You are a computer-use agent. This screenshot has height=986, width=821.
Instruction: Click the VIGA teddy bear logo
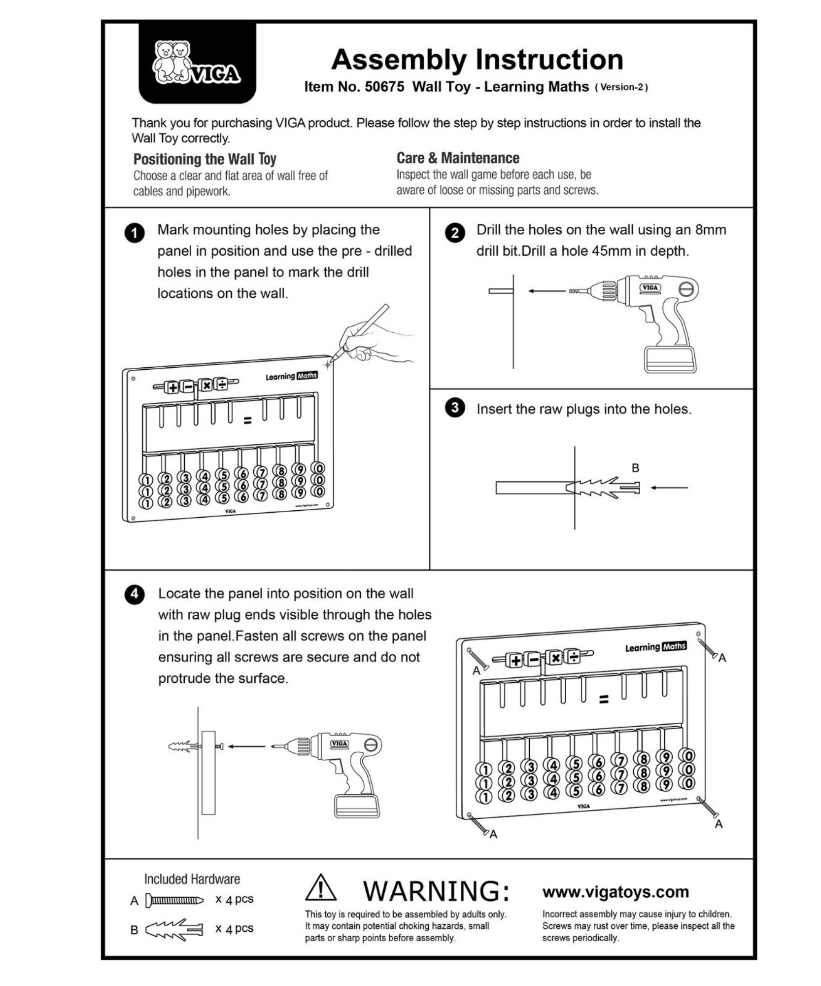click(x=197, y=63)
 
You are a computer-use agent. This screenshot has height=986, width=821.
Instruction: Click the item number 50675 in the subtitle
click(x=384, y=87)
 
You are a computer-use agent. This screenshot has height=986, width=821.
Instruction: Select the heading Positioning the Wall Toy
click(x=205, y=159)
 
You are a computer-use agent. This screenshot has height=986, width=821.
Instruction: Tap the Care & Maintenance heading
click(x=457, y=158)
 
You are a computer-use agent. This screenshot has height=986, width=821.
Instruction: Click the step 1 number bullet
click(x=135, y=233)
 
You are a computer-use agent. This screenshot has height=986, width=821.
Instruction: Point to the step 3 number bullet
click(x=454, y=408)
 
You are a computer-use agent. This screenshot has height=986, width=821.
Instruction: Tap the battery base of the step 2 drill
click(x=669, y=359)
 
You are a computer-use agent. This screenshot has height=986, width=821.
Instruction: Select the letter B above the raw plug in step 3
click(x=635, y=468)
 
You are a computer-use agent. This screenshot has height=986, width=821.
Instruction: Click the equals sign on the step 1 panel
click(x=247, y=421)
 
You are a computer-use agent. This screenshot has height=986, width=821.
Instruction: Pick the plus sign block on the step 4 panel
click(x=515, y=660)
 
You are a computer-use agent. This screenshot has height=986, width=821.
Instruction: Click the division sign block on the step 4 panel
click(x=574, y=656)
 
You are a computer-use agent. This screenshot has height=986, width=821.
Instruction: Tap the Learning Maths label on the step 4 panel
click(x=655, y=647)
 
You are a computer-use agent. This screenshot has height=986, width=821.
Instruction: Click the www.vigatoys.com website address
click(x=615, y=892)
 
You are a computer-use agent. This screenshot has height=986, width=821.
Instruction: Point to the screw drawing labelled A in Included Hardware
click(x=174, y=901)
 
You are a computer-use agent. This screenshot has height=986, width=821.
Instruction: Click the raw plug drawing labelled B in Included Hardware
click(x=174, y=929)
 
